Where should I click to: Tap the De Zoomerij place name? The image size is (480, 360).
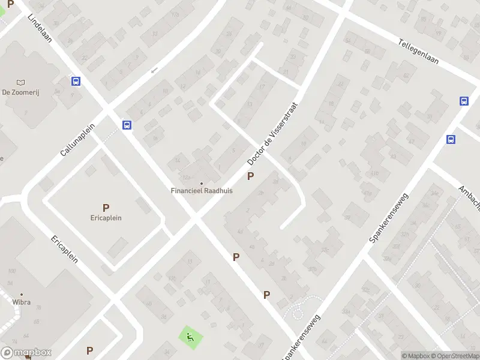click(20, 92)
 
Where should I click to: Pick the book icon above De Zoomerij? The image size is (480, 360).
click(22, 82)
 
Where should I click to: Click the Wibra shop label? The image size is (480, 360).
click(21, 302)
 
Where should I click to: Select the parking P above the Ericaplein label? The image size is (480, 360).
click(106, 208)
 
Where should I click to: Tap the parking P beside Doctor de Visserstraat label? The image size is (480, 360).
click(250, 176)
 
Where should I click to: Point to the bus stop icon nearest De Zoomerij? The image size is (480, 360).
click(76, 82)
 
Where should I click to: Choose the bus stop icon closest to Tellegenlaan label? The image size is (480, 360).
click(464, 101)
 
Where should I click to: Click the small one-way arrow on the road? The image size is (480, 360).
click(154, 70)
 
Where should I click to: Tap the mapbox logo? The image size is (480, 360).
click(26, 353)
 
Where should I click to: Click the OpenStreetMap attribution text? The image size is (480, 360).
click(455, 356)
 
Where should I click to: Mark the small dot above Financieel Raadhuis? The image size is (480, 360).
click(202, 184)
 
